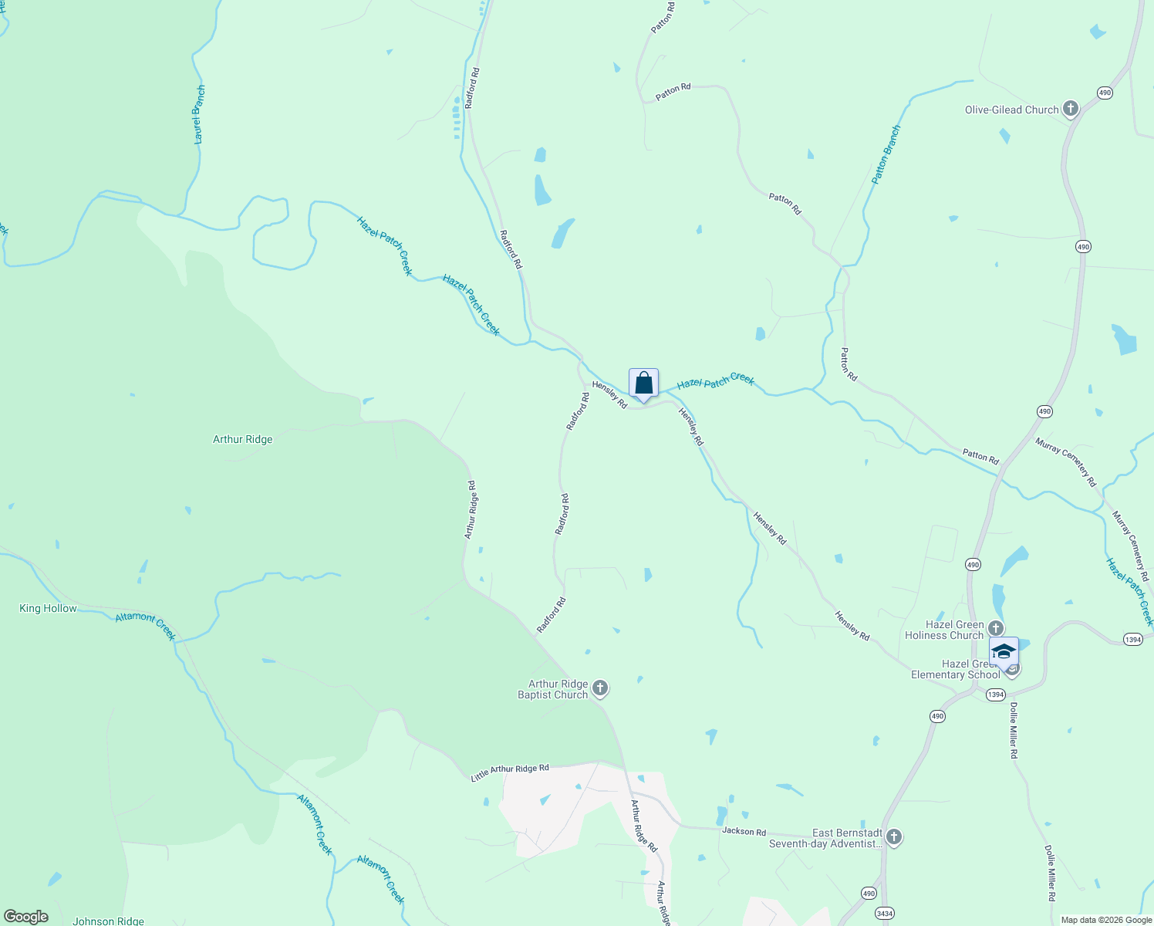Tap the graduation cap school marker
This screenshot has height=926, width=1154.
pos(1003,652)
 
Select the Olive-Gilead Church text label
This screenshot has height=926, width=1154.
pos(1011,110)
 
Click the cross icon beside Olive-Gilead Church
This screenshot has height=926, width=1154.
pos(1070,109)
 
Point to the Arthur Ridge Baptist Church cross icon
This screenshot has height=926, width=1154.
pos(600,688)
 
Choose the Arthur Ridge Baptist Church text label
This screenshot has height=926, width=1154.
pos(552,689)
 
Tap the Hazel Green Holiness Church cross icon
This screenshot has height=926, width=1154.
pos(996,628)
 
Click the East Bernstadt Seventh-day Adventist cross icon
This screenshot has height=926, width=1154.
pos(893,837)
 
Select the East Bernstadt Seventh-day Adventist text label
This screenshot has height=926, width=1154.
pos(825,839)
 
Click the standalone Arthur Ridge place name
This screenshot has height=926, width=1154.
pos(242,439)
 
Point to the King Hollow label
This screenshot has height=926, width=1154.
pos(48,608)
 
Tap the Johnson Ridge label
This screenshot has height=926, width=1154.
pos(108,921)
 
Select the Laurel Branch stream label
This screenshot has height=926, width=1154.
pos(199,115)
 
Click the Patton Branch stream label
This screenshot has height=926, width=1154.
pos(886,154)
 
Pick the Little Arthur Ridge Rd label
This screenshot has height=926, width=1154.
pos(510,773)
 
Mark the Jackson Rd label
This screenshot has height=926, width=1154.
pos(744,831)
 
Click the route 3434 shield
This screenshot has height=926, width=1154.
pos(884,914)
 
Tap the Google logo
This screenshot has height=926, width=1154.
pos(26,917)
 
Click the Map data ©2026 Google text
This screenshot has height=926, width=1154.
pos(1105,920)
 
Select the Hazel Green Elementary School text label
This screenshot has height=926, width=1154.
pos(955,669)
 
